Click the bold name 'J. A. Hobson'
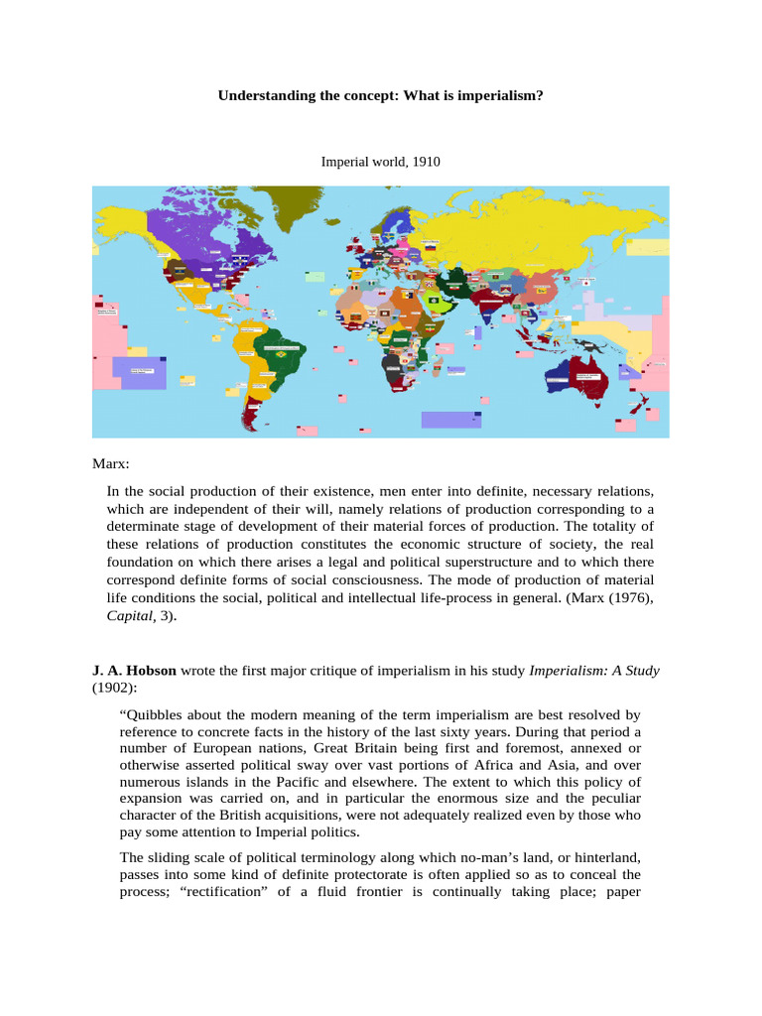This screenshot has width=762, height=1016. click(134, 671)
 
